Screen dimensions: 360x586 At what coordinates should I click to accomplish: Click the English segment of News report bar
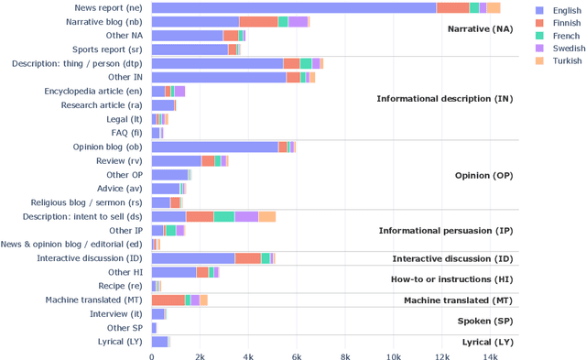click(293, 7)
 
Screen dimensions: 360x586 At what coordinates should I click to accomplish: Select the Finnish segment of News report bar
click(452, 7)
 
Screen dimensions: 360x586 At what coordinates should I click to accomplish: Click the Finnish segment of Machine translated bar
click(168, 300)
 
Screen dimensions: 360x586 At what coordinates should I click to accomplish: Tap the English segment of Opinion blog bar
click(214, 147)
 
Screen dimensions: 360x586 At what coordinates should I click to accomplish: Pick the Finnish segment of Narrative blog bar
click(258, 21)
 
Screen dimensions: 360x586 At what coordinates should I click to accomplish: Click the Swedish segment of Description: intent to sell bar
click(246, 216)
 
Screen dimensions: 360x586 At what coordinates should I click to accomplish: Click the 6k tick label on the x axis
click(297, 355)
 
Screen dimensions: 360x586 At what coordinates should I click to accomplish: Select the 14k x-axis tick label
click(491, 355)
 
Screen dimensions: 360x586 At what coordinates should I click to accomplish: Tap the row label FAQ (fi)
click(125, 133)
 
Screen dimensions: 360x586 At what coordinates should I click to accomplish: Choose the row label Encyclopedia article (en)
click(92, 91)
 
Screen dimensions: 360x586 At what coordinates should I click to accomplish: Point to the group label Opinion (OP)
click(483, 175)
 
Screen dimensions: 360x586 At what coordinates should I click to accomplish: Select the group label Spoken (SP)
click(484, 321)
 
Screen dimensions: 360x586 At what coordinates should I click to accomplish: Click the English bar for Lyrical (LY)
click(159, 342)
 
